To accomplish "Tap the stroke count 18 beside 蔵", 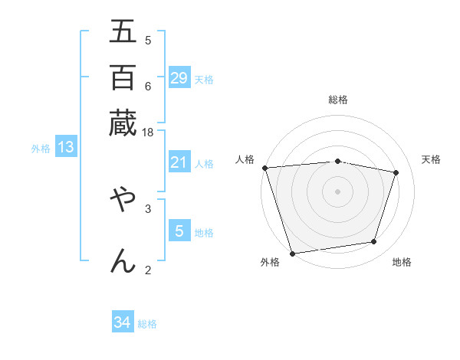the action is pos(148,132).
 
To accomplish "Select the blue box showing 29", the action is pos(179,77).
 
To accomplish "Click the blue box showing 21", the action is pos(179,162).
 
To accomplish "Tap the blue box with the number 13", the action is pos(65,148).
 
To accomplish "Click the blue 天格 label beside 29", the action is pos(204,79).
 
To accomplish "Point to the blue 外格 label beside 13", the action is pos(41,149).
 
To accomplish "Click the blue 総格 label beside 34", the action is pos(147,324).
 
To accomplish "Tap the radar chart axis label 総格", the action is pos(337,100).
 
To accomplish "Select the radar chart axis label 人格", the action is pos(245,159).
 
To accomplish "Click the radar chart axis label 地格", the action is pos(402,262).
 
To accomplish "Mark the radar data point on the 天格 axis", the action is pos(396,172).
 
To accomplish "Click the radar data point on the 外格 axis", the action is pos(292,253).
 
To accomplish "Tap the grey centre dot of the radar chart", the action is pos(337,191).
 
